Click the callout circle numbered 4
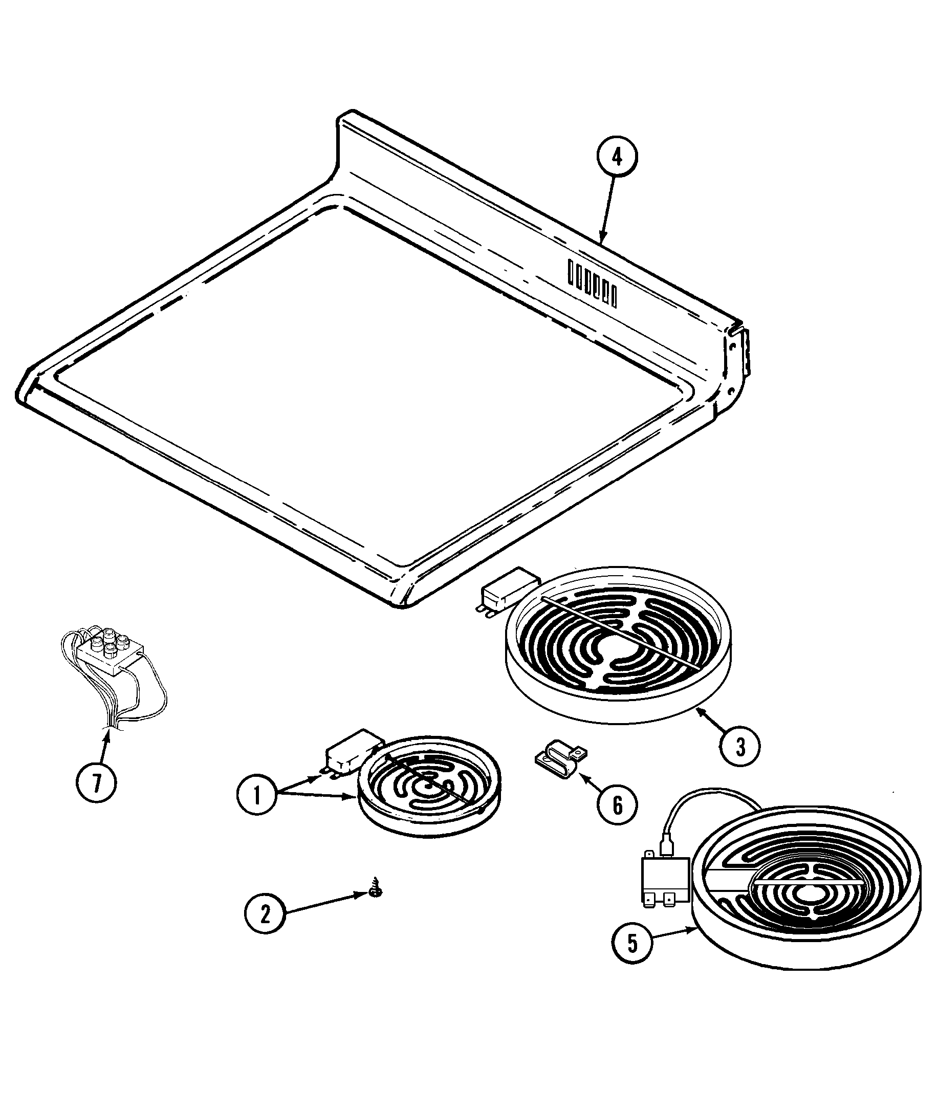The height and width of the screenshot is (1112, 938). (x=616, y=158)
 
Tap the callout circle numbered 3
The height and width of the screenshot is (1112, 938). (x=740, y=747)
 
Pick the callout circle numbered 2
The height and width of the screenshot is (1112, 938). (x=265, y=913)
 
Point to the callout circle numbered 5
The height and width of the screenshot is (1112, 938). (x=631, y=943)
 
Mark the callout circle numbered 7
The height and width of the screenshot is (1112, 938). (x=96, y=783)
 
